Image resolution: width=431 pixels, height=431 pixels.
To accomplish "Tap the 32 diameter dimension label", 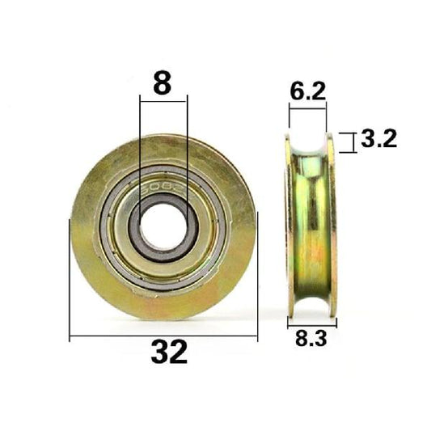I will point(169,353).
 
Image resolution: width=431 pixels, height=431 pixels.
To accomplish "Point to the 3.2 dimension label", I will point(378,140).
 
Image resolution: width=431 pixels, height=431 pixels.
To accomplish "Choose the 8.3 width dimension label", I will point(311,340).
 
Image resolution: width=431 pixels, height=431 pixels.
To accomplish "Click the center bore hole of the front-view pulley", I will point(163,219).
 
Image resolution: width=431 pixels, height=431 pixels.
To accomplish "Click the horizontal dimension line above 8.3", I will point(311,323).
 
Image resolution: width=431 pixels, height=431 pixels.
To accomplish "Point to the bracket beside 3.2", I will point(349,142).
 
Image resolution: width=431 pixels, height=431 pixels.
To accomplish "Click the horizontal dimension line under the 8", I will point(163,99).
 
